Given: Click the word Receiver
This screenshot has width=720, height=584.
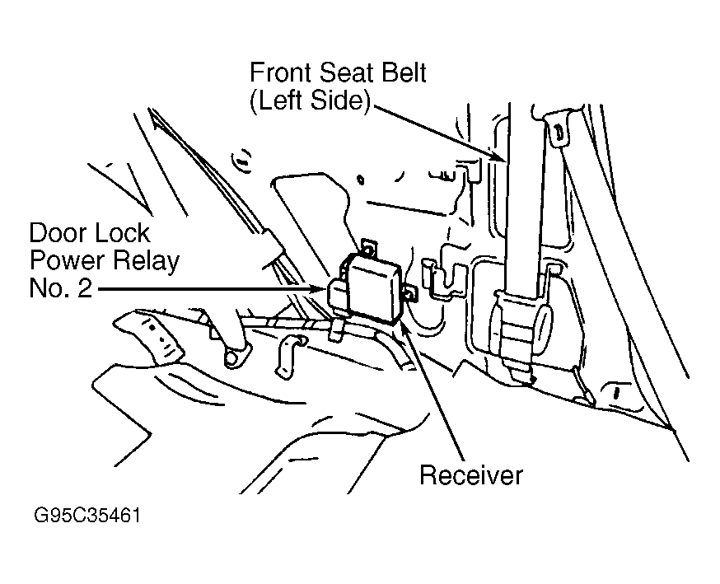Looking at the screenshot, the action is click(471, 474).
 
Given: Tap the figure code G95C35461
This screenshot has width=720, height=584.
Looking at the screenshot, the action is click(87, 515).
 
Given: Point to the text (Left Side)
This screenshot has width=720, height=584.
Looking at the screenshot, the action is click(310, 100).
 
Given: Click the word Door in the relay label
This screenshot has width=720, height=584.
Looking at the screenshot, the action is click(53, 233).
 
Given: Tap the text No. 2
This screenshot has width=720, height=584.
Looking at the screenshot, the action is click(61, 289).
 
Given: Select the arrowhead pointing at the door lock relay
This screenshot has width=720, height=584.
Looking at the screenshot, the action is click(319, 289).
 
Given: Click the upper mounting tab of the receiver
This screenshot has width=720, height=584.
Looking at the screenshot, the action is click(368, 247).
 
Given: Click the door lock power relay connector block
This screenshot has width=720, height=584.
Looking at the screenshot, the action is click(339, 297).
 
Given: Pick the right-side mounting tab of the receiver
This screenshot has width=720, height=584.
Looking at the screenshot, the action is click(411, 293).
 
